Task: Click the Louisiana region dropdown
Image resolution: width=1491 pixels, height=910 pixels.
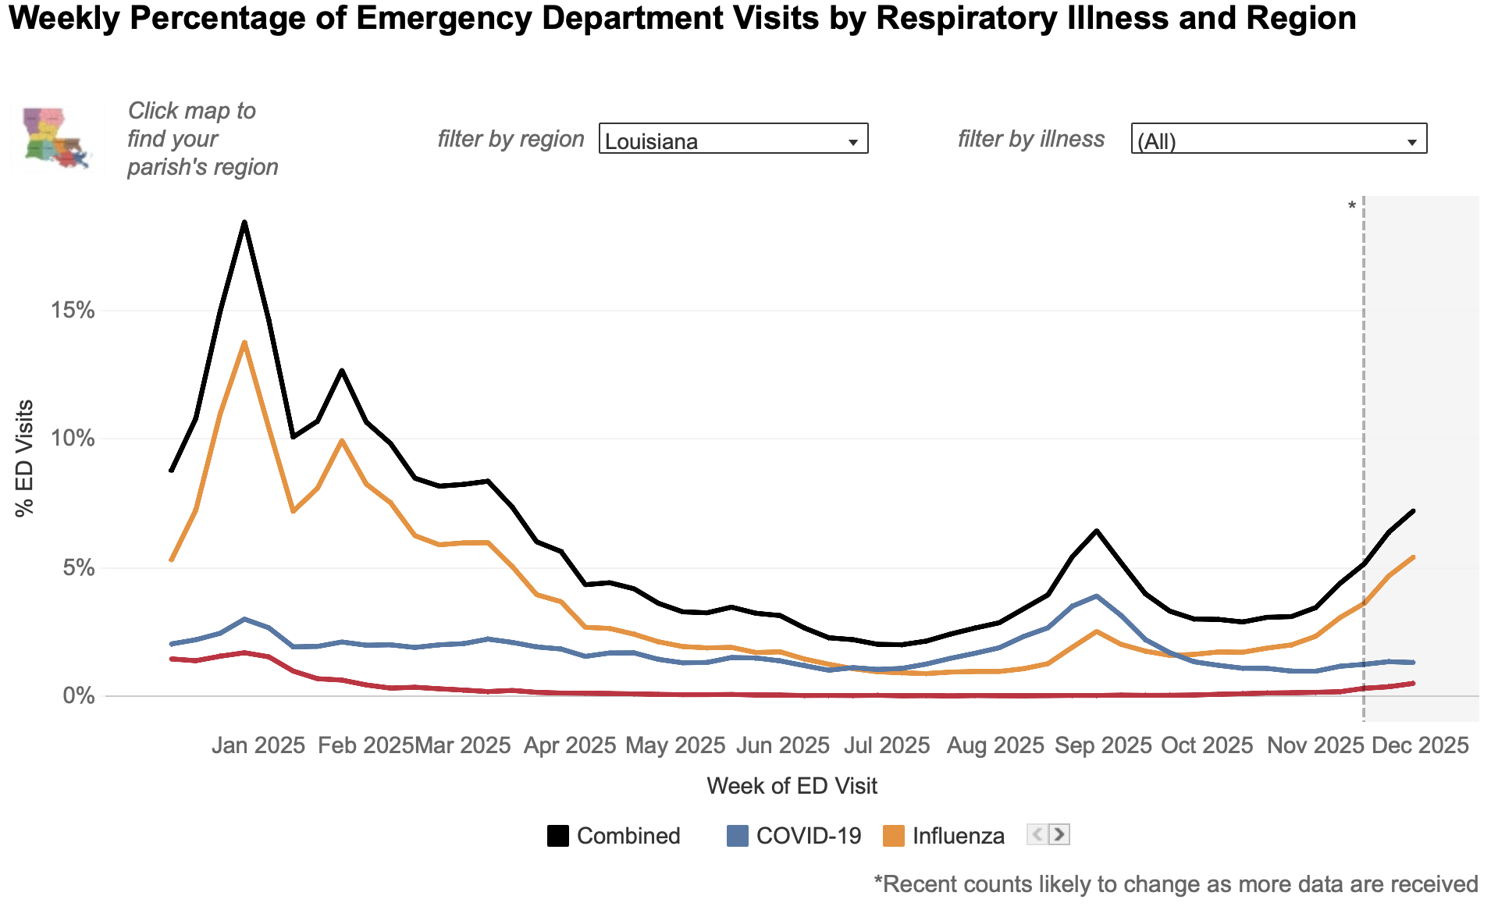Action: point(733,139)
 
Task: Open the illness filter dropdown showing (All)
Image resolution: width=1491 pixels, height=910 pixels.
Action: point(1279,139)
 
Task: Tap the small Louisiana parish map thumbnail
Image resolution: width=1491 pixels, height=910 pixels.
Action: point(57,138)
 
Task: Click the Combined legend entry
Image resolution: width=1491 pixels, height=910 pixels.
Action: point(614,836)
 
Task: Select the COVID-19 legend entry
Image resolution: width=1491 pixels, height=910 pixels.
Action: point(794,836)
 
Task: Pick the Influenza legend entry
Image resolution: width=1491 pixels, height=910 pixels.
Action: point(944,836)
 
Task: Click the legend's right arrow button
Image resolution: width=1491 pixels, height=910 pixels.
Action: point(1059,834)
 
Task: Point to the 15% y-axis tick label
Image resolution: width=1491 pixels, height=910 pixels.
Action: point(73,311)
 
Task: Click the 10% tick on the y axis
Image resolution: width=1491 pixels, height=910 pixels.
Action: point(73,439)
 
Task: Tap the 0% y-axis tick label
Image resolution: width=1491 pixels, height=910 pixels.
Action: point(79,695)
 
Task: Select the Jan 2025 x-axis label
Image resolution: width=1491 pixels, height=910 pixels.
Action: point(258,745)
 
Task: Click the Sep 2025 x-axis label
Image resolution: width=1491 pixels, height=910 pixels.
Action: point(1103,745)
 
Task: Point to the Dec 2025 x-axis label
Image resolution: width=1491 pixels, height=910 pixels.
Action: point(1421,745)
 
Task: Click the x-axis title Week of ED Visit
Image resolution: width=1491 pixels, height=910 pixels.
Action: point(792,786)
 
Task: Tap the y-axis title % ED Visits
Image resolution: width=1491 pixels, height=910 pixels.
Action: point(24,458)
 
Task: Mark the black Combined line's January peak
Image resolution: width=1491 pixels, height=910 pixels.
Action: point(244,222)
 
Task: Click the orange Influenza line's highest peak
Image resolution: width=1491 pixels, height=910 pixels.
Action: point(244,343)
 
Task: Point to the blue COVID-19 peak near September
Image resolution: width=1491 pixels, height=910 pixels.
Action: point(1097,596)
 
